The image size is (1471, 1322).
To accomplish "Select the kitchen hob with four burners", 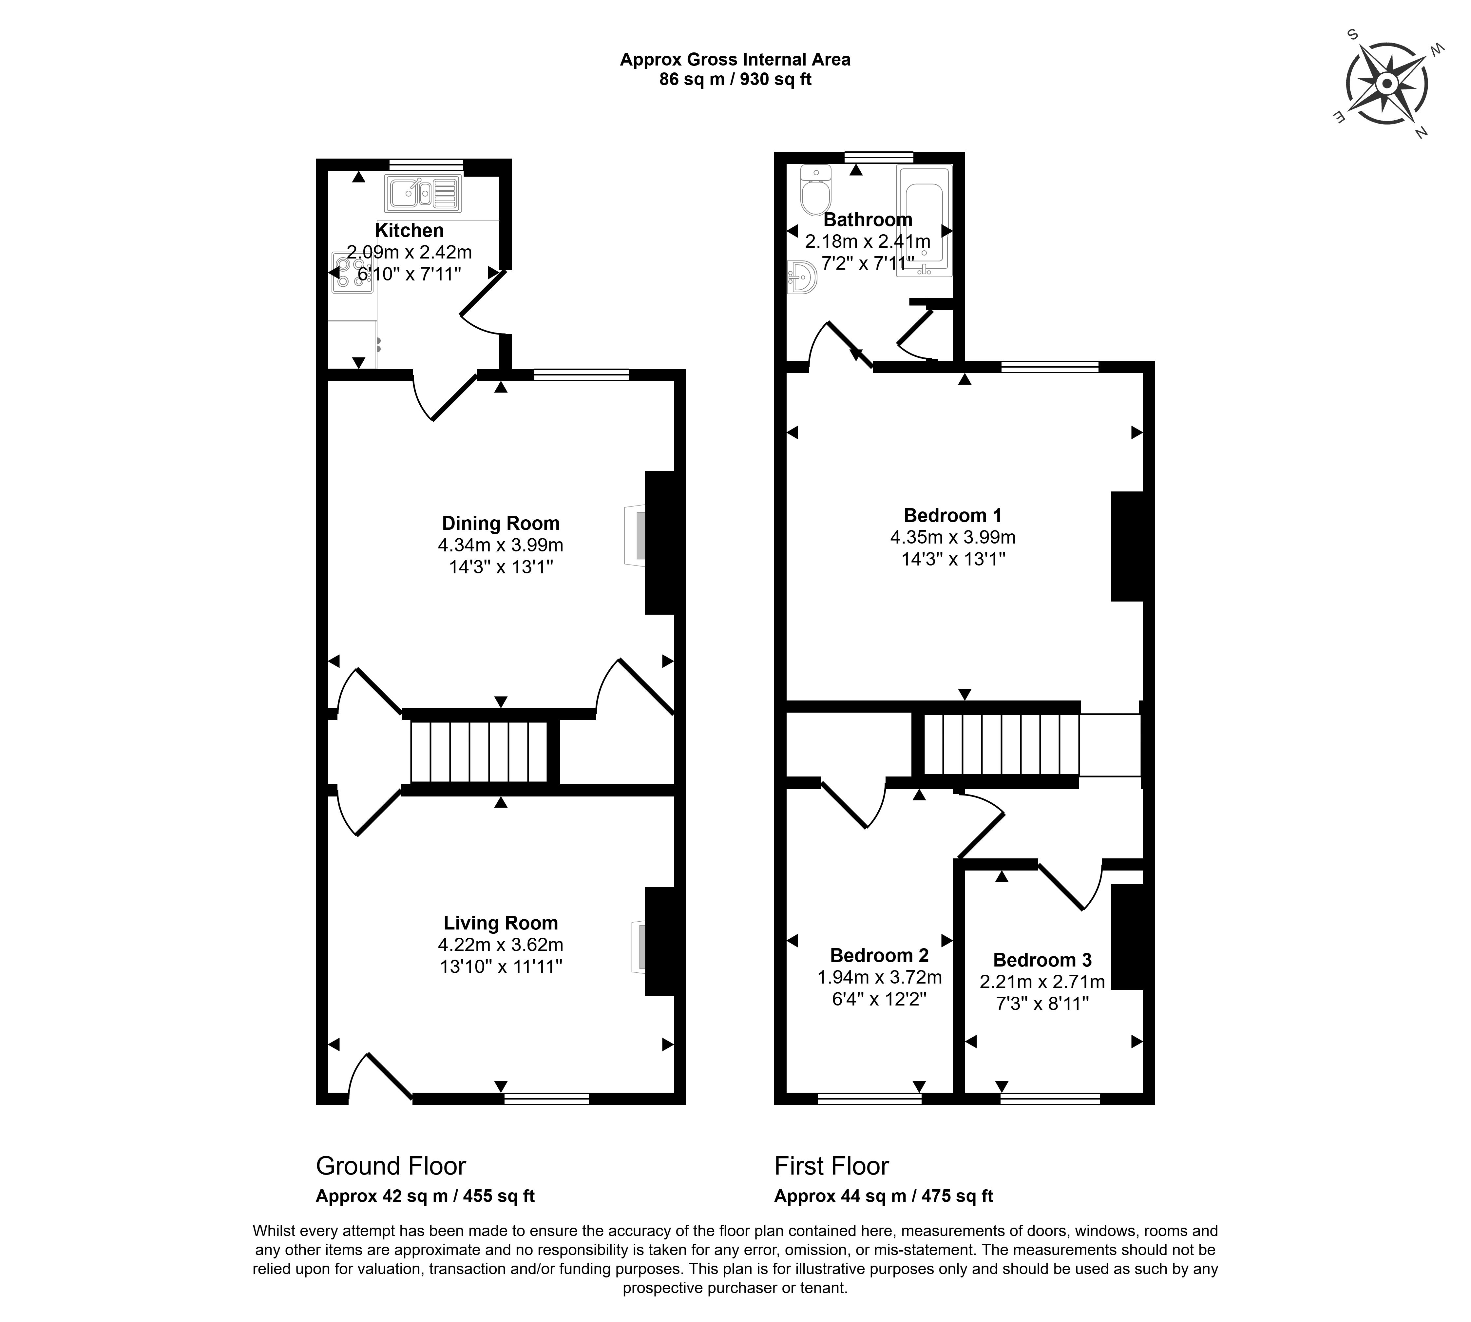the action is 352,272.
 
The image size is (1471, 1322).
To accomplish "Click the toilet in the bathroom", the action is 815,189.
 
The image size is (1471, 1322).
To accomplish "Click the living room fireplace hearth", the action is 638,947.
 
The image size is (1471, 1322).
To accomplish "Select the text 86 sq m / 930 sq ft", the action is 735,79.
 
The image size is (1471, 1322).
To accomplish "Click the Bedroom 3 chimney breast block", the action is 1127,936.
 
